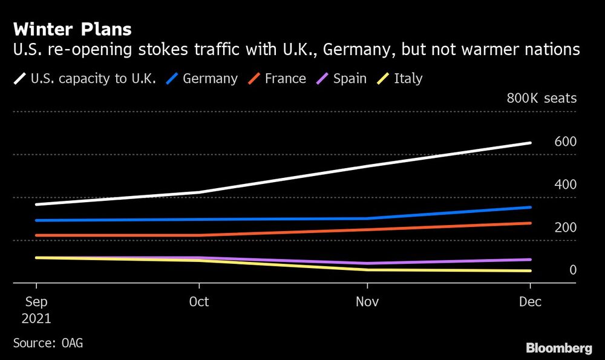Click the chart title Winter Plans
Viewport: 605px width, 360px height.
tap(72, 29)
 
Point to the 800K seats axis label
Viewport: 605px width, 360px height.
tap(541, 99)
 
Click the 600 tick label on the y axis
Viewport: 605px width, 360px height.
tap(565, 142)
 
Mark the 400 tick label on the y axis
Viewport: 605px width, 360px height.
tap(565, 185)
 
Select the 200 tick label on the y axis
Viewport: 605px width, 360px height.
tap(565, 227)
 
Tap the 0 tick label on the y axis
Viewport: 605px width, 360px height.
tap(572, 270)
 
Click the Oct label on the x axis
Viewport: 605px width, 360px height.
tap(199, 301)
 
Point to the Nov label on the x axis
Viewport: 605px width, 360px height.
tap(367, 301)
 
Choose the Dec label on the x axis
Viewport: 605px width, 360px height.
tap(531, 301)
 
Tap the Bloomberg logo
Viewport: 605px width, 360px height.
tap(558, 348)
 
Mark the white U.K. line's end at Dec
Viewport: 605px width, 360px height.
tap(531, 143)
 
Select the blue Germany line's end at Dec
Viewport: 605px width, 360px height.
tap(531, 208)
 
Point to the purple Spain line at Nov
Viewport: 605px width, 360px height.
tap(367, 263)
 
